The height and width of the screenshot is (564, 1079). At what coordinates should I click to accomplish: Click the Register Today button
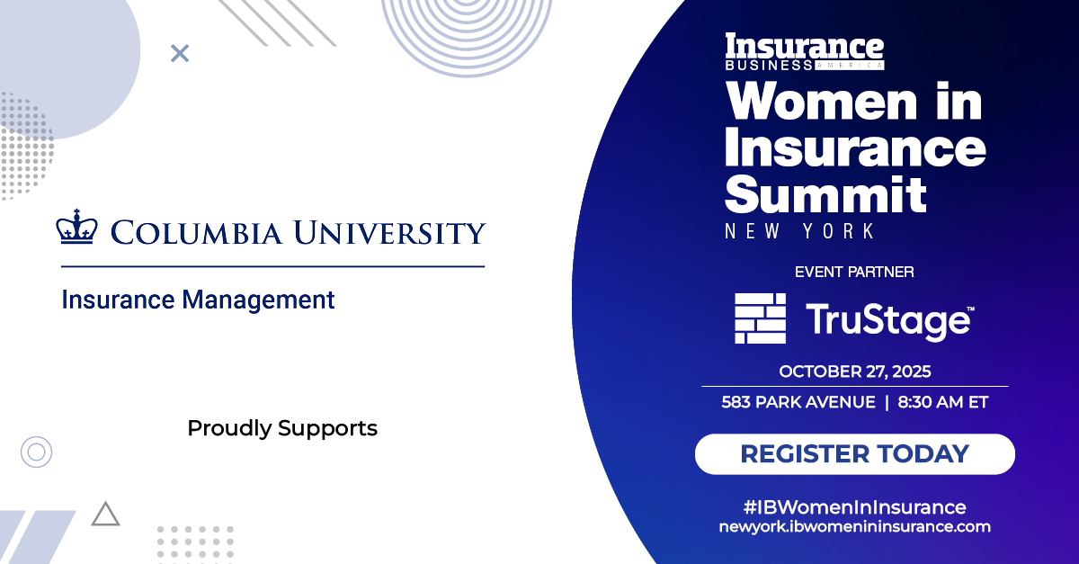854,454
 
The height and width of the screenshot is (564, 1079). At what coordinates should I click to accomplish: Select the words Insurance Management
198,300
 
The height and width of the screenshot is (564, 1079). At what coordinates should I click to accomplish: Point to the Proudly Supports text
282,428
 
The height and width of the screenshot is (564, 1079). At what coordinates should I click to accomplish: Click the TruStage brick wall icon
760,318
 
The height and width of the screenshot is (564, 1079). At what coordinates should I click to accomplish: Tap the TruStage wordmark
888,320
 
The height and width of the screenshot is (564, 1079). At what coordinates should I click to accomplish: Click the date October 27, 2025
854,372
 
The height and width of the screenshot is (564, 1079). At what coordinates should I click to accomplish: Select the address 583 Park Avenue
798,402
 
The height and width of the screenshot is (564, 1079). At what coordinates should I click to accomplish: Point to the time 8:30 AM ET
943,402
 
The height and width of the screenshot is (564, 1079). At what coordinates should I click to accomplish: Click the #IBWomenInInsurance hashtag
854,506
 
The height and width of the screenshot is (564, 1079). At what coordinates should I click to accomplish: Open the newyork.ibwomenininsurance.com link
854,527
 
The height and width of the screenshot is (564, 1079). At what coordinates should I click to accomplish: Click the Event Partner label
854,271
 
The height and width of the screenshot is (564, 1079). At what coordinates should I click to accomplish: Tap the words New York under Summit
799,231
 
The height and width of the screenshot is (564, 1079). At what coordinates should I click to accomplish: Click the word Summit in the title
825,193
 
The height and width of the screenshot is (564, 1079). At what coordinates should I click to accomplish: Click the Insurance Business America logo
805,52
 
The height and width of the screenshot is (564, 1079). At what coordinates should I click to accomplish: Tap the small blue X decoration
180,54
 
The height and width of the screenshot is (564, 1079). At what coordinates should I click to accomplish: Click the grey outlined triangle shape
105,514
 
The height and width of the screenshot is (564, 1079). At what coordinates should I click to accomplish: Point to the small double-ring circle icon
36,451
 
